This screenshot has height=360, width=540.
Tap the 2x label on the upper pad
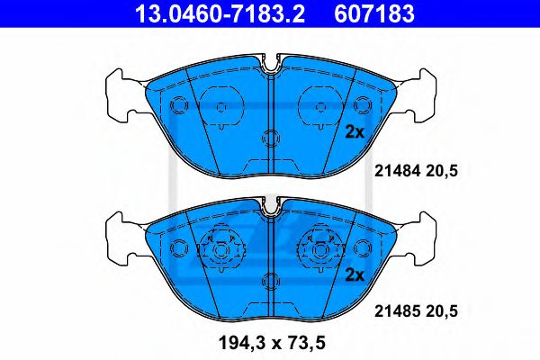point(355,131)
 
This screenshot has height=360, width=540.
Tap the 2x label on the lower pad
point(355,274)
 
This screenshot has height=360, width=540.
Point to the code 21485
point(392,310)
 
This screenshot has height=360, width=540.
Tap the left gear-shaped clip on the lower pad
point(221,246)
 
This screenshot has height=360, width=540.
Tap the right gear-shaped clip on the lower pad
point(319,246)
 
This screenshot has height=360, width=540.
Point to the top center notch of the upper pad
point(270,66)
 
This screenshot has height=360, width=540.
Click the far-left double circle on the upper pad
point(177,104)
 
